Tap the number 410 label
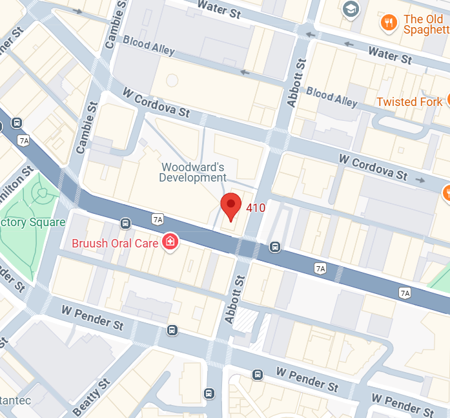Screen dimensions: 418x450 [x=255, y=208]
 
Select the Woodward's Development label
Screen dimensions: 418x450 [x=193, y=172]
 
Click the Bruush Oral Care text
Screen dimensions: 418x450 [x=115, y=244]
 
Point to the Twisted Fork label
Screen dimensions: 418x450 [x=409, y=101]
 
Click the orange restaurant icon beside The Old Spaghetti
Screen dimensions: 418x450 [x=388, y=23]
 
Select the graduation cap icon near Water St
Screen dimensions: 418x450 [x=351, y=9]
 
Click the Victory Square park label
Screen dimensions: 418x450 [x=32, y=222]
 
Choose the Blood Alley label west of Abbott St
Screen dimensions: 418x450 [x=149, y=46]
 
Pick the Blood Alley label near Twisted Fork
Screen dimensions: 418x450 [x=331, y=96]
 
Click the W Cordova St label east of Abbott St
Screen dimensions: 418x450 [x=374, y=166]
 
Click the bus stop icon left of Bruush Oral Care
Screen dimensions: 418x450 [x=125, y=224]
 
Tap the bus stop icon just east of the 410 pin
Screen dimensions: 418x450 [x=275, y=246]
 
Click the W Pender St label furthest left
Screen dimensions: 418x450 [x=92, y=317]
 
